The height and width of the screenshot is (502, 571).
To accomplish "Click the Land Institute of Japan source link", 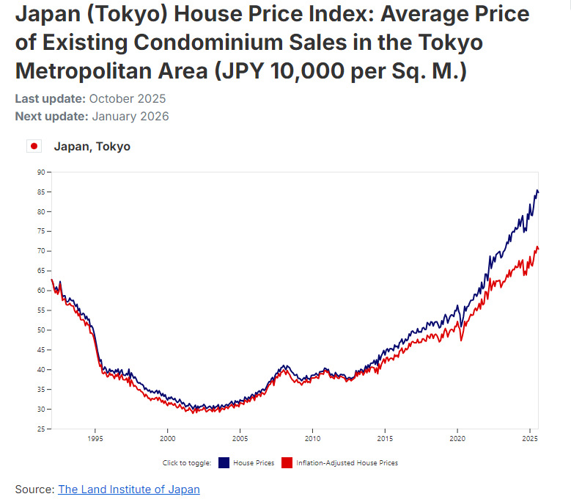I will (128, 489).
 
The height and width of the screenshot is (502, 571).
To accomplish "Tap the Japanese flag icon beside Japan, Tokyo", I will (34, 146).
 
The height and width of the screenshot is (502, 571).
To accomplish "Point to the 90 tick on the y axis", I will (40, 172).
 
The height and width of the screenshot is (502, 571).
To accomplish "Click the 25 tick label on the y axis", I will (40, 429).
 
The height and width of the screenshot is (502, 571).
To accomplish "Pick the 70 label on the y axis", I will (40, 251).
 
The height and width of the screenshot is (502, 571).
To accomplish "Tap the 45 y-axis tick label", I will (40, 349).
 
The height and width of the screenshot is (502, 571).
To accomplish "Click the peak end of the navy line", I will (538, 191).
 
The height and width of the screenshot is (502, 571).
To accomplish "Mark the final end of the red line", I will (539, 248).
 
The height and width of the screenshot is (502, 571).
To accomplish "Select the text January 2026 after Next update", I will (130, 116).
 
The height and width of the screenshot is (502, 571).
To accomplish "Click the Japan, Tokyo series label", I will (92, 146).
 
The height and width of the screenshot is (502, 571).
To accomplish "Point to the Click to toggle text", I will (187, 463).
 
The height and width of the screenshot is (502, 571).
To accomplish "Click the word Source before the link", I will (34, 489).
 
